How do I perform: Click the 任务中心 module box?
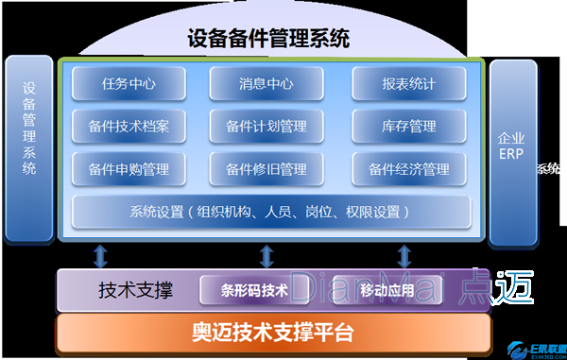coord(129,84)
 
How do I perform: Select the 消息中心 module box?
coord(266,84)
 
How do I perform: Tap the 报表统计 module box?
coord(408,84)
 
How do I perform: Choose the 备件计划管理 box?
coord(266,126)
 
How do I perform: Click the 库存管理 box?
coord(408,126)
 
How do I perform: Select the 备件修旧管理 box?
coord(266,169)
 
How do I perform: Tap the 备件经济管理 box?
coord(408,169)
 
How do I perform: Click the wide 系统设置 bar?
coord(271,212)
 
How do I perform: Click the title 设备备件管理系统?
coord(268,39)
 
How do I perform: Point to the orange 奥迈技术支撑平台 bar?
coord(274,333)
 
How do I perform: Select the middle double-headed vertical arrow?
coord(266,255)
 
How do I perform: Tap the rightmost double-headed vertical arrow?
coord(405,255)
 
